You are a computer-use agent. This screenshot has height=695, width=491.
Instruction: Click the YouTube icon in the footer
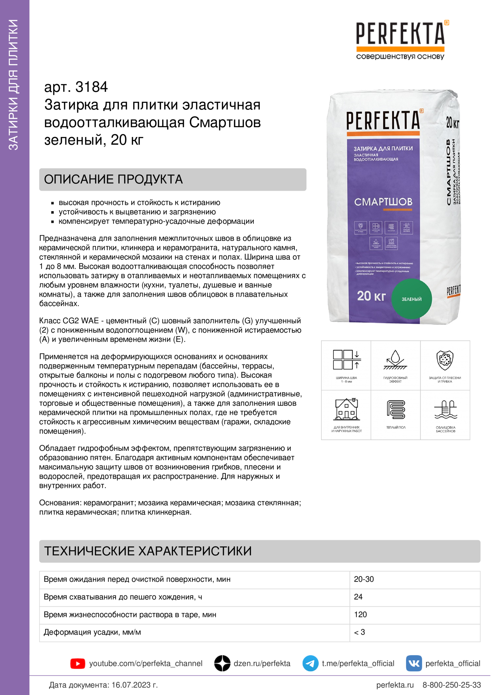pyautogui.click(x=78, y=663)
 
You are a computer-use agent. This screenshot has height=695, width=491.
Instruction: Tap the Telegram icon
pyautogui.click(x=310, y=663)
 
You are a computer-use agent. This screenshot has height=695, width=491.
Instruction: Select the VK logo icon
pyautogui.click(x=413, y=663)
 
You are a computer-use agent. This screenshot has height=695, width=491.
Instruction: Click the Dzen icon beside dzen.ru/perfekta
pyautogui.click(x=222, y=663)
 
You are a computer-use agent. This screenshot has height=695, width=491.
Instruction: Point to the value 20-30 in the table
pyautogui.click(x=364, y=579)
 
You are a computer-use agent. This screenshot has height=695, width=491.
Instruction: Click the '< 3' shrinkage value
pyautogui.click(x=359, y=632)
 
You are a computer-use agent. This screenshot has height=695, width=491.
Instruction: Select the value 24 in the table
pyautogui.click(x=358, y=597)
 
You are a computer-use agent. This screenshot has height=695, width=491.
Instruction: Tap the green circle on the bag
pyautogui.click(x=411, y=299)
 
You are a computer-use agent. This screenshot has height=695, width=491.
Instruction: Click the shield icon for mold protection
pyautogui.click(x=445, y=360)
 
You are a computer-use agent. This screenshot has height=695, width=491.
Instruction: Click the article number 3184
pyautogui.click(x=91, y=87)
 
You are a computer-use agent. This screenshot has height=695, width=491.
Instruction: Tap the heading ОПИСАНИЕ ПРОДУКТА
pyautogui.click(x=113, y=179)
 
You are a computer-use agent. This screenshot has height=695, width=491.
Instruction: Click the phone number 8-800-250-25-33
pyautogui.click(x=451, y=685)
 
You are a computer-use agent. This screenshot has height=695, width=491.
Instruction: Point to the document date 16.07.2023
pyautogui.click(x=134, y=685)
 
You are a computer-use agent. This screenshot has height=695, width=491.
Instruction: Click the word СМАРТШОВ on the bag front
pyautogui.click(x=383, y=202)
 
